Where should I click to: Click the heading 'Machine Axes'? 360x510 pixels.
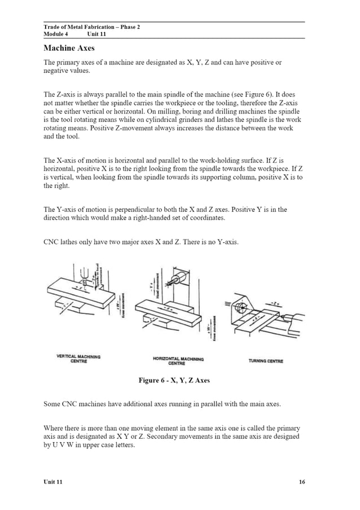point(69,48)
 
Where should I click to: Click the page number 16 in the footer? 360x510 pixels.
point(301,482)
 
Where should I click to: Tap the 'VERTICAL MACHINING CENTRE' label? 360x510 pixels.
point(78,359)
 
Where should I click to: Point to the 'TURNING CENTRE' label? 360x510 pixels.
point(266,361)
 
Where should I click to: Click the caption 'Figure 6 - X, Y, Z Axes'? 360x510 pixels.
point(174,380)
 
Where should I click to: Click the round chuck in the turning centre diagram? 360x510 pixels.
point(240,309)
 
